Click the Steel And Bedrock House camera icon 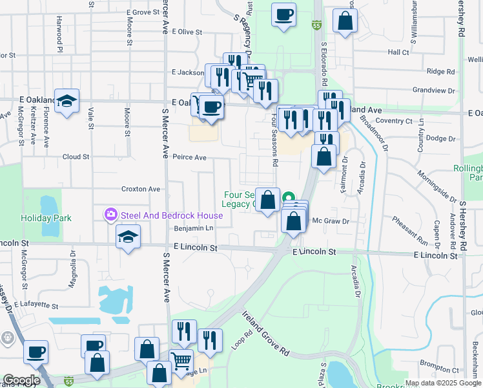[111, 213]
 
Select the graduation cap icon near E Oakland [67, 101]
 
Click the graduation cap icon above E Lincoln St [128, 237]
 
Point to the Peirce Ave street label [189, 157]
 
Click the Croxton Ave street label [140, 189]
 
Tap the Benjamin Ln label [193, 228]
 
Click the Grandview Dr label [434, 90]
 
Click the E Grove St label [143, 12]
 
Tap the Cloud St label [76, 157]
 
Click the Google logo [21, 380]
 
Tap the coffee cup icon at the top [283, 14]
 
